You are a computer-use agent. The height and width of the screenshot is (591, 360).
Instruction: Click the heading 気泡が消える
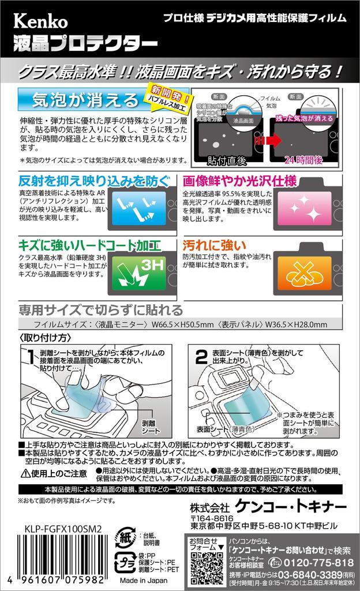pos(81,100)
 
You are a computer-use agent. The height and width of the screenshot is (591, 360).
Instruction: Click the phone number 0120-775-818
pos(320,563)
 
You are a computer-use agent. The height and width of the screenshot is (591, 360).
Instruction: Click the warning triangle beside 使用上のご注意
pos(27,473)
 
